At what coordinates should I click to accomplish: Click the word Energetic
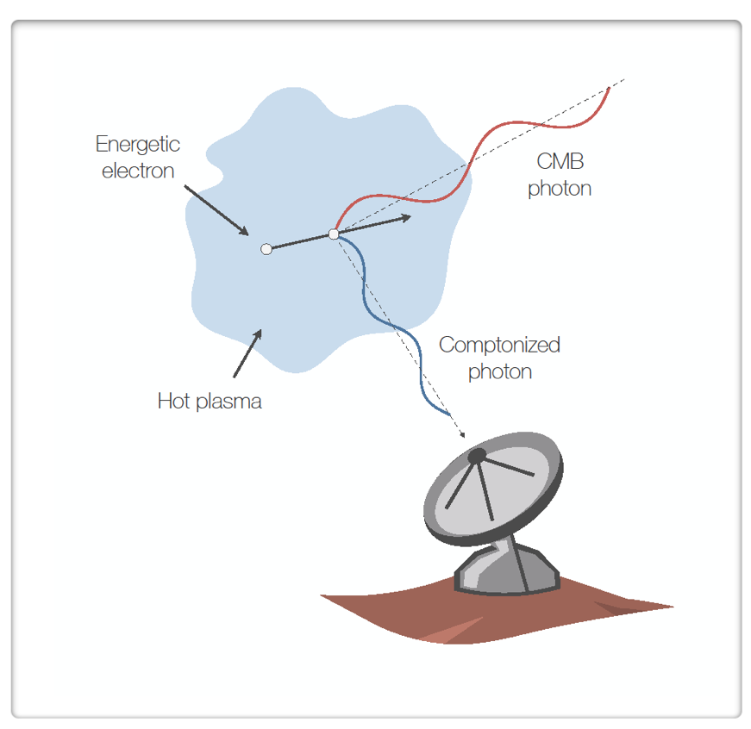click(138, 144)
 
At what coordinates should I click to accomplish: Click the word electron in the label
click(138, 171)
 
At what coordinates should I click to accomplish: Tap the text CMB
click(560, 161)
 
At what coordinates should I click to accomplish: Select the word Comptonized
click(499, 346)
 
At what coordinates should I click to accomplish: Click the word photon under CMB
click(560, 189)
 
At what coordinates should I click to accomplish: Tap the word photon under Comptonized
click(499, 372)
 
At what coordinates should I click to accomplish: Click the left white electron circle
click(266, 249)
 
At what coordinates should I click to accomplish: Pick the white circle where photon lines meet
click(334, 234)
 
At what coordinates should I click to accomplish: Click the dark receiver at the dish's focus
click(477, 456)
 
